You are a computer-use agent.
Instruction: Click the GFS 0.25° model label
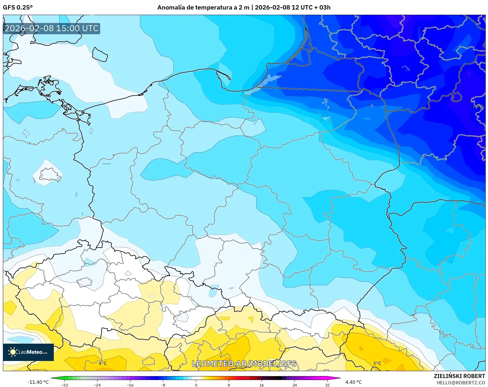click(18, 8)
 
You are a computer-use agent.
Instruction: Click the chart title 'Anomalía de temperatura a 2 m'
click(203, 8)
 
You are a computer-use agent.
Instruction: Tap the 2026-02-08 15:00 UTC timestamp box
click(51, 28)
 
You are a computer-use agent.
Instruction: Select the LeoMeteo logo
click(28, 352)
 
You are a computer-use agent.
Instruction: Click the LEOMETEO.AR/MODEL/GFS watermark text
click(244, 364)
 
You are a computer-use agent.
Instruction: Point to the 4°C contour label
click(103, 363)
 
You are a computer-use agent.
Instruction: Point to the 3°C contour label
click(377, 363)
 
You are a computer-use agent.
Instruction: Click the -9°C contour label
click(478, 107)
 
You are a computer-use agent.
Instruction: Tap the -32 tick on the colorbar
click(65, 385)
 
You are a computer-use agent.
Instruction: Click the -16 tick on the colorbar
click(130, 385)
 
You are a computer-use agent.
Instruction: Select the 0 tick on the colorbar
click(196, 385)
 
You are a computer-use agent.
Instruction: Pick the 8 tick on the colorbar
click(229, 385)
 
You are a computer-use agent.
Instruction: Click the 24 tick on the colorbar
click(294, 385)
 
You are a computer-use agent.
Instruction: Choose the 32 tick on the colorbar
click(327, 385)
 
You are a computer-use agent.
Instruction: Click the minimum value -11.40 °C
click(38, 382)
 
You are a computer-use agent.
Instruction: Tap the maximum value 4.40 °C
click(353, 382)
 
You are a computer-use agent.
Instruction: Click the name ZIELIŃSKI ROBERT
click(459, 376)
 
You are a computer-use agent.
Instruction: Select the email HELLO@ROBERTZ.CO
click(461, 383)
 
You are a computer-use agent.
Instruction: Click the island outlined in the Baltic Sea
click(100, 54)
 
